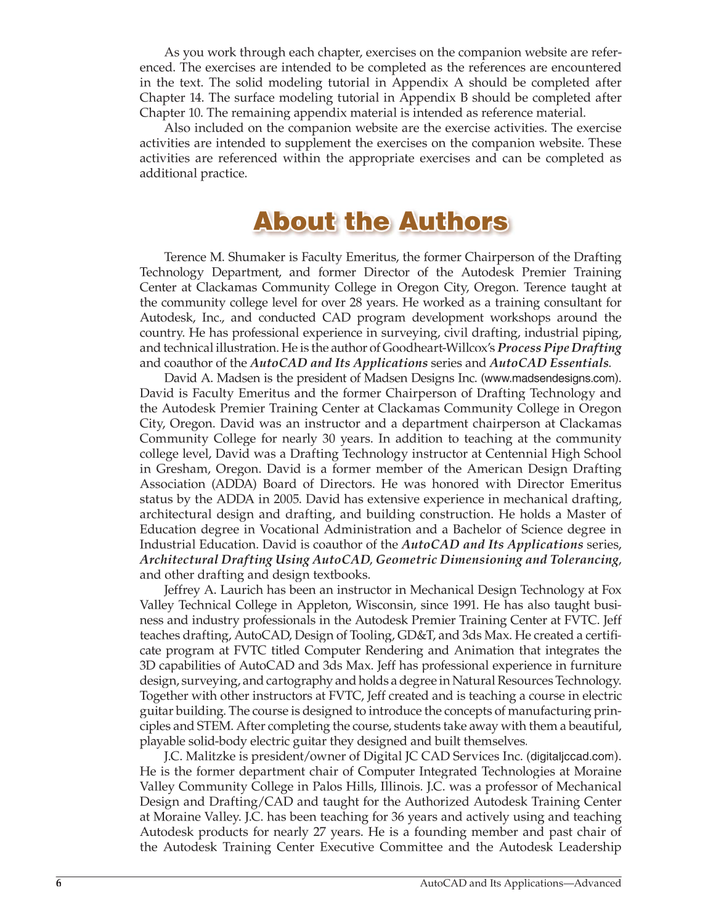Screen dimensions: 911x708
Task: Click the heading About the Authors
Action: pos(381,222)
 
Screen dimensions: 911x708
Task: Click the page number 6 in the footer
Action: pos(59,883)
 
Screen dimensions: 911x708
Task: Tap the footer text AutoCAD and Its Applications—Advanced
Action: pos(520,883)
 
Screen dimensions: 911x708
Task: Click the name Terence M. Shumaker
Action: pos(217,257)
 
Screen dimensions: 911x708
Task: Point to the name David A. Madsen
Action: pos(206,378)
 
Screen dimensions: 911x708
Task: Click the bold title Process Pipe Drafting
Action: pos(559,348)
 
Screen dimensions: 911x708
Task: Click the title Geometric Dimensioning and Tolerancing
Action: pos(497,560)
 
